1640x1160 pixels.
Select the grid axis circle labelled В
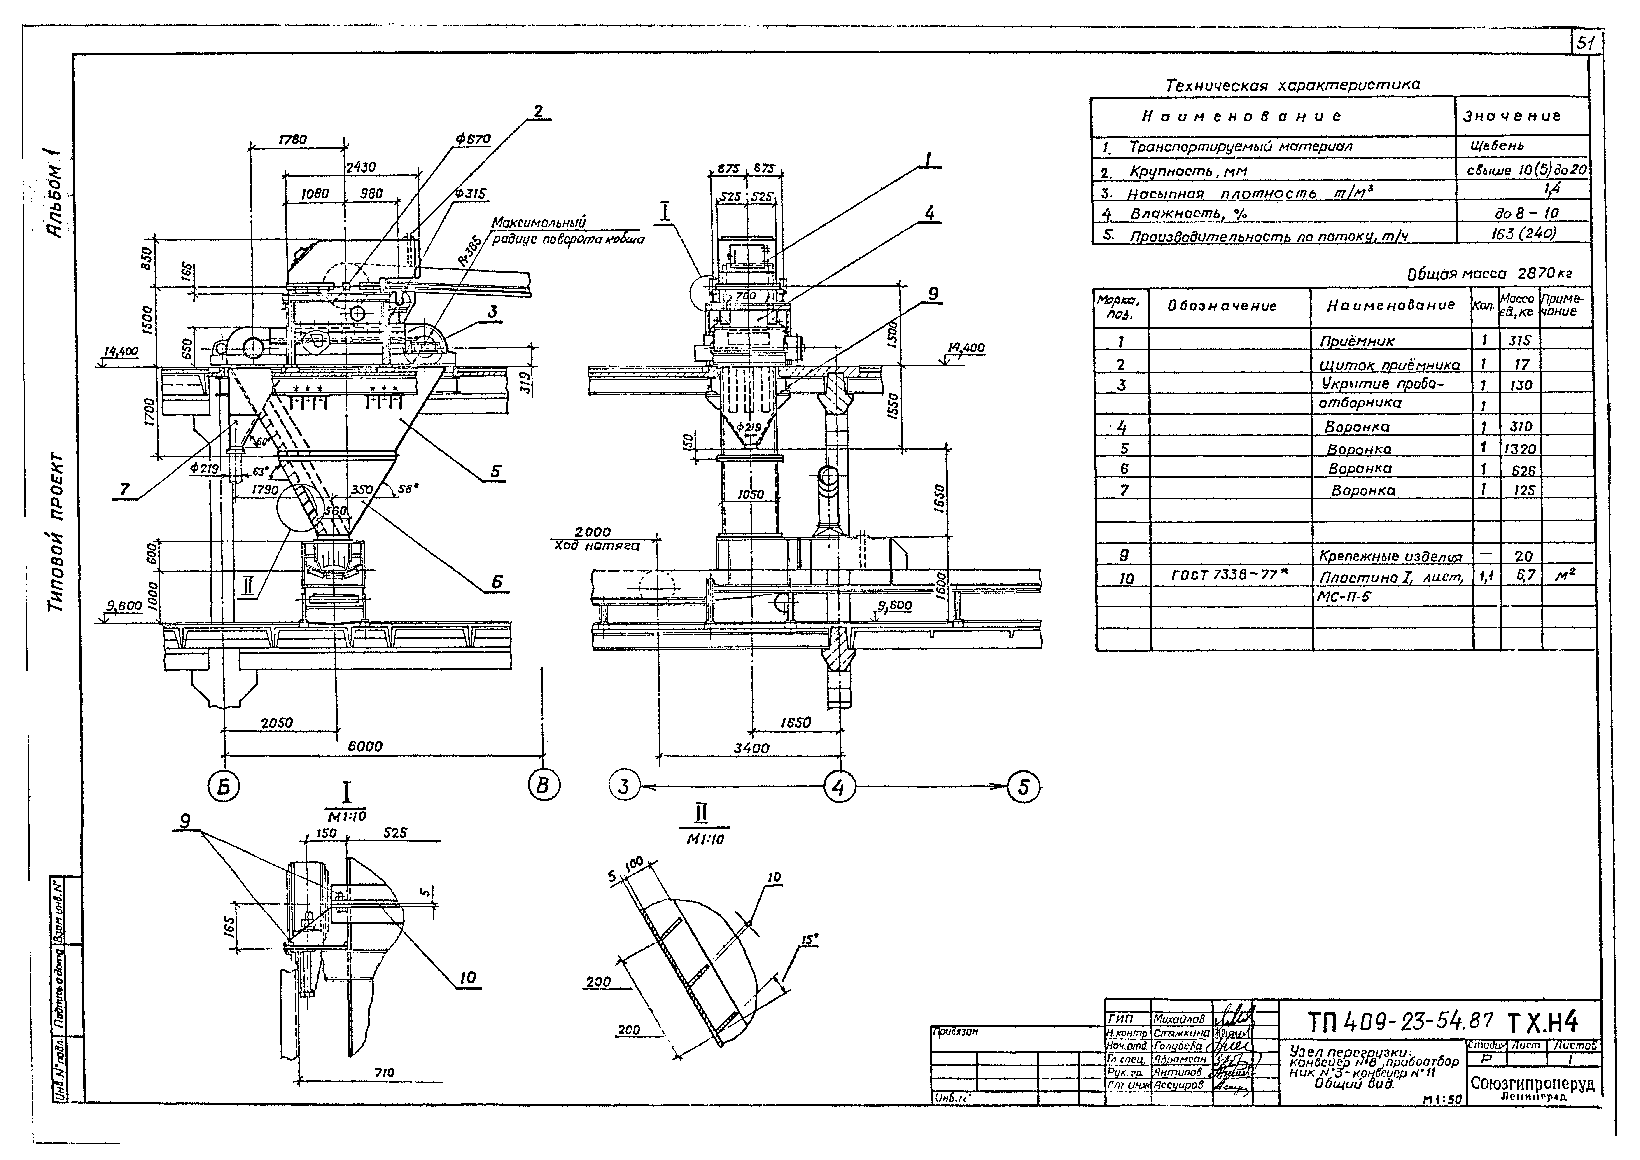point(544,786)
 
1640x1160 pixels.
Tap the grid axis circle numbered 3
point(624,787)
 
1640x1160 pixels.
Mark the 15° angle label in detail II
point(808,941)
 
